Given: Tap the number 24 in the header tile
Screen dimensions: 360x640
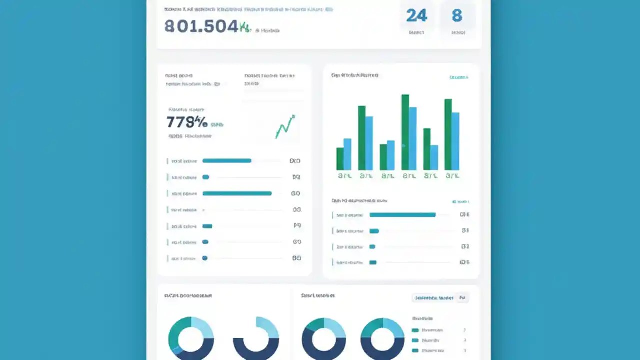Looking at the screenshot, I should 417,16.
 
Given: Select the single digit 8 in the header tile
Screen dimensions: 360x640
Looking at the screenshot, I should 457,16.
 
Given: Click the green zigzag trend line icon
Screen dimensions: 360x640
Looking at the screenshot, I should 285,127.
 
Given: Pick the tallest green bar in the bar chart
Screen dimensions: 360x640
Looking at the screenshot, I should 405,132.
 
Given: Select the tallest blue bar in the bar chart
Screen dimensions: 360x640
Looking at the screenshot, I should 413,138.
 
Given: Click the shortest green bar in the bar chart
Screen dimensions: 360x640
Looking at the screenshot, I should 340,158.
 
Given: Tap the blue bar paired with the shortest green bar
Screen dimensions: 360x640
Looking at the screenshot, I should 347,154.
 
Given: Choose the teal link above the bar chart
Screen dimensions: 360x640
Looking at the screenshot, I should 458,77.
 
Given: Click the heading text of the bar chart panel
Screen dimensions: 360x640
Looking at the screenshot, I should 354,75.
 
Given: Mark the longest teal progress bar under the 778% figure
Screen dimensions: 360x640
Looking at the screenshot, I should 237,193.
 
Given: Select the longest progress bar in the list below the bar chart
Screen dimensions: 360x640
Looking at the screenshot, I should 402,215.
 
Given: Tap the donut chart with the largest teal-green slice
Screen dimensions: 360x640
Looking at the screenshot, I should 191,338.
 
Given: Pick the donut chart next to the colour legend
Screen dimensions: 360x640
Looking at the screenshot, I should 382,338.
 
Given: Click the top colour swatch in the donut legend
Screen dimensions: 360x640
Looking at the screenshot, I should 415,330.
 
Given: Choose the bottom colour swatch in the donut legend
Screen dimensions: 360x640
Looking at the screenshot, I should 415,350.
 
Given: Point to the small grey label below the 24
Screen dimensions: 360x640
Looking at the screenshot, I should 416,33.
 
